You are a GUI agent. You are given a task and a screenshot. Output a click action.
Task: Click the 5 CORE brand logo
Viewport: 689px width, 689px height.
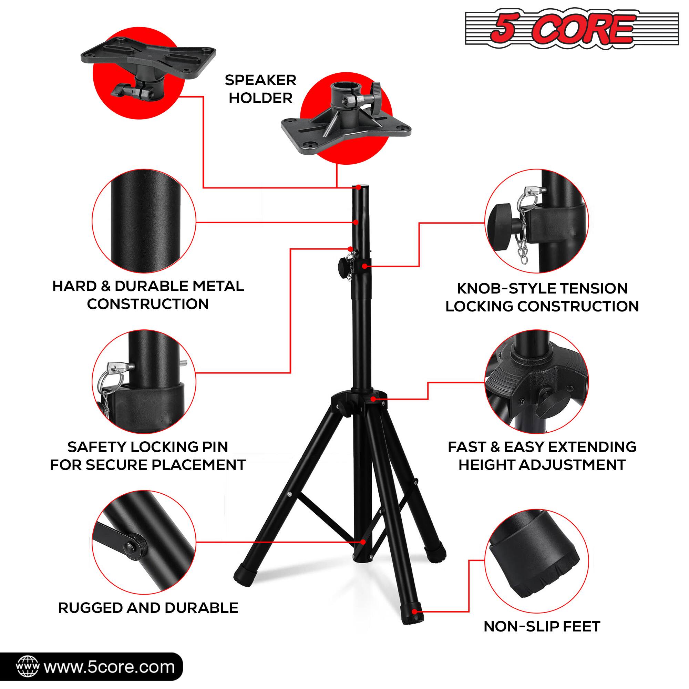coord(572,29)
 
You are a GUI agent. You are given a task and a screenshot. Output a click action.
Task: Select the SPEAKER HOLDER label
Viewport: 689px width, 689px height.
coord(260,89)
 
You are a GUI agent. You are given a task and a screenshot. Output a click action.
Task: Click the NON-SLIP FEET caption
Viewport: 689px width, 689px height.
coord(542,626)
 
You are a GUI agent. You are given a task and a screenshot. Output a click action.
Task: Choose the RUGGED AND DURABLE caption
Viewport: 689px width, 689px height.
coord(148,608)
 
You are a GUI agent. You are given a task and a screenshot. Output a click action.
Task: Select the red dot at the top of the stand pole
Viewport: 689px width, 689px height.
coord(358,187)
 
